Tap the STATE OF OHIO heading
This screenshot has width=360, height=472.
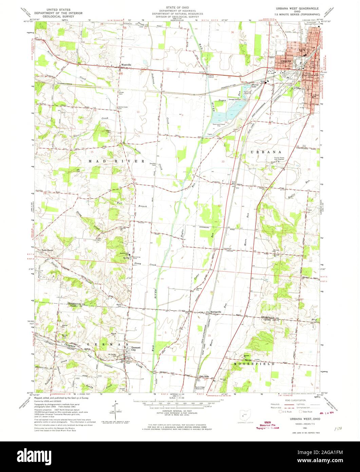(178, 7)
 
